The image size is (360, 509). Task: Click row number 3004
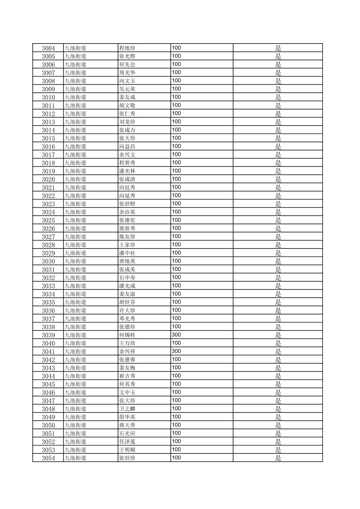48,48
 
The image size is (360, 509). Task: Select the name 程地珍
127,48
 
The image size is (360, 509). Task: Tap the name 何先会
127,65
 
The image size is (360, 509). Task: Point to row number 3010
48,97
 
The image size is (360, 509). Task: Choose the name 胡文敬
127,105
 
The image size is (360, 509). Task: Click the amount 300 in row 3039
176,335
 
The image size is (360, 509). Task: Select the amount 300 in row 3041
176,351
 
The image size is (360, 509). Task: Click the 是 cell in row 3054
278,458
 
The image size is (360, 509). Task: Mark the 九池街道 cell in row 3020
75,179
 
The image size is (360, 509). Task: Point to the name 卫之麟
127,409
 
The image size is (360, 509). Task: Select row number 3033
48,286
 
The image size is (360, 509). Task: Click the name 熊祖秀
127,228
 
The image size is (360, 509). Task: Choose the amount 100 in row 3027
176,236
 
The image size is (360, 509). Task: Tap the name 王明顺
127,450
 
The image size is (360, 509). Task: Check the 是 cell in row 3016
278,147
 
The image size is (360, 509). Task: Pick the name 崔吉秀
127,376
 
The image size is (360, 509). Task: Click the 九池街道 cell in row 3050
75,425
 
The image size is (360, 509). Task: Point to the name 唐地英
127,261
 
